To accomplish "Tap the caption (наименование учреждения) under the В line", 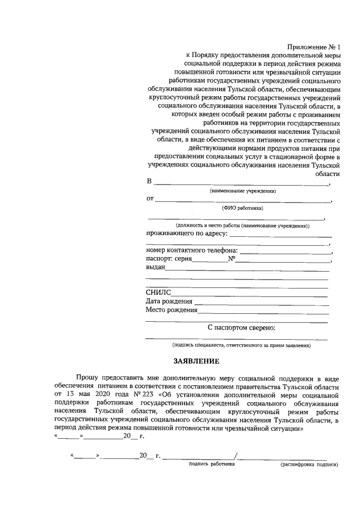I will (x=243, y=191).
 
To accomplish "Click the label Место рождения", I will (x=172, y=310).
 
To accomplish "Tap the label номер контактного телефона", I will (x=192, y=250).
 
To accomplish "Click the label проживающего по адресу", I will (x=186, y=233).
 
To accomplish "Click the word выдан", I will (x=155, y=268).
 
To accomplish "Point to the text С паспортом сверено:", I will (x=241, y=327).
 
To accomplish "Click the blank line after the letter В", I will (x=242, y=184).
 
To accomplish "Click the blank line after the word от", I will (x=243, y=201).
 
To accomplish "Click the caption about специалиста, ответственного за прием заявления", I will (x=241, y=344).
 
